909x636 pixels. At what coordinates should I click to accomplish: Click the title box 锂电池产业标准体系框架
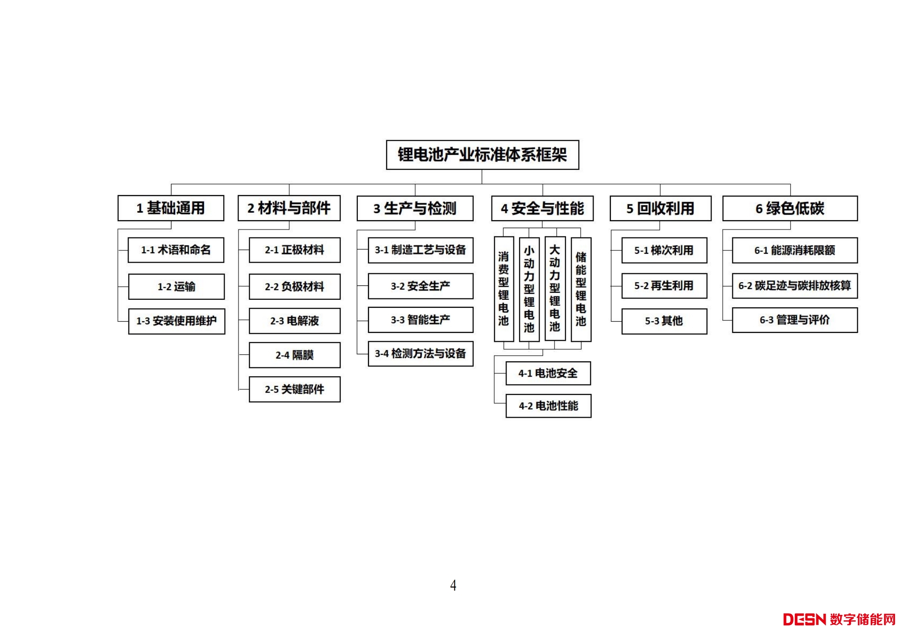(482, 155)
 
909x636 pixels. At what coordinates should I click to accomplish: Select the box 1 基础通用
(171, 208)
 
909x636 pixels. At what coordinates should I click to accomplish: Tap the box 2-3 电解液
(294, 321)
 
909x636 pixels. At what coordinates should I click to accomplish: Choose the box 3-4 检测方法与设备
(420, 354)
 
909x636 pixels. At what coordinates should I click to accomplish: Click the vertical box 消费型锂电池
(504, 289)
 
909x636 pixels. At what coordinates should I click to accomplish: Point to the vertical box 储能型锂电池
(581, 289)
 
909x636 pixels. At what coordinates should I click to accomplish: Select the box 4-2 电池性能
(548, 406)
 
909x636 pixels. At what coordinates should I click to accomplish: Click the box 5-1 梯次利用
(664, 250)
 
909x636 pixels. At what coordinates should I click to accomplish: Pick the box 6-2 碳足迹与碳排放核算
(794, 286)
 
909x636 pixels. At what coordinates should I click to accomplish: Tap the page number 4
(453, 585)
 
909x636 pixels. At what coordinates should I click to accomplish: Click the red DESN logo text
(804, 620)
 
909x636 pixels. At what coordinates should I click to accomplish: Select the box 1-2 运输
(176, 287)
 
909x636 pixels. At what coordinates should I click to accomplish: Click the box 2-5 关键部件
(294, 389)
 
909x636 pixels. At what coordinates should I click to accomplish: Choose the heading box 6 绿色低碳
(790, 209)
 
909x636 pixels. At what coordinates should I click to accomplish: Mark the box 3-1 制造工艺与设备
(420, 250)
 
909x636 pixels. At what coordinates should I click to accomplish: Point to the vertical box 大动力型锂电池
(555, 289)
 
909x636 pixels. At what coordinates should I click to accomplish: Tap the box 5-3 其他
(664, 321)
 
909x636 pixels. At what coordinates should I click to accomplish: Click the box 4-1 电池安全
(548, 373)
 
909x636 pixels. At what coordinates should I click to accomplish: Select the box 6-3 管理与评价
(794, 320)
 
